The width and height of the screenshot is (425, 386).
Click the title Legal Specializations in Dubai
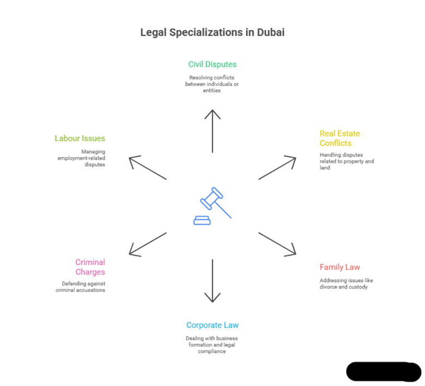(212, 33)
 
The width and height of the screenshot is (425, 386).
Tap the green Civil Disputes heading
(212, 64)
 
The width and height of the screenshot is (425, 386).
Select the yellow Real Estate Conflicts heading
(339, 138)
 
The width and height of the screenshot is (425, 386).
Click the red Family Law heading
(339, 267)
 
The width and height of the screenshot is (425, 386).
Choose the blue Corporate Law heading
(212, 326)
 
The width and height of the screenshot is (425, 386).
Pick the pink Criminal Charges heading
(90, 267)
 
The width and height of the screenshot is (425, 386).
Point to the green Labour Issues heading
(80, 138)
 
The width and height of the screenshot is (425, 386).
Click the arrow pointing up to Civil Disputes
(212, 131)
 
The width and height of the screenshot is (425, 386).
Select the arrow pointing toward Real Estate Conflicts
(277, 168)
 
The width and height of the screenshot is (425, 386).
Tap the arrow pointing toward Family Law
(277, 243)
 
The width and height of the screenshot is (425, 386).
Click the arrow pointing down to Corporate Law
(212, 280)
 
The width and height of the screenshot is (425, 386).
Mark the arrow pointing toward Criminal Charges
(148, 243)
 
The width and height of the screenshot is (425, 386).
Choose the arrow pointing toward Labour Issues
(148, 168)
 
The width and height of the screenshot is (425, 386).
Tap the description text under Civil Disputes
(212, 83)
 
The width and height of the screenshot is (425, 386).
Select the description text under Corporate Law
(212, 345)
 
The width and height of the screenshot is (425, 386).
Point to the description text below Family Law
(346, 283)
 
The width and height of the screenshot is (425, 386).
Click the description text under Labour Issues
(82, 157)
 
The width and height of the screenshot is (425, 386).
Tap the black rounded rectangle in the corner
(384, 371)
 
